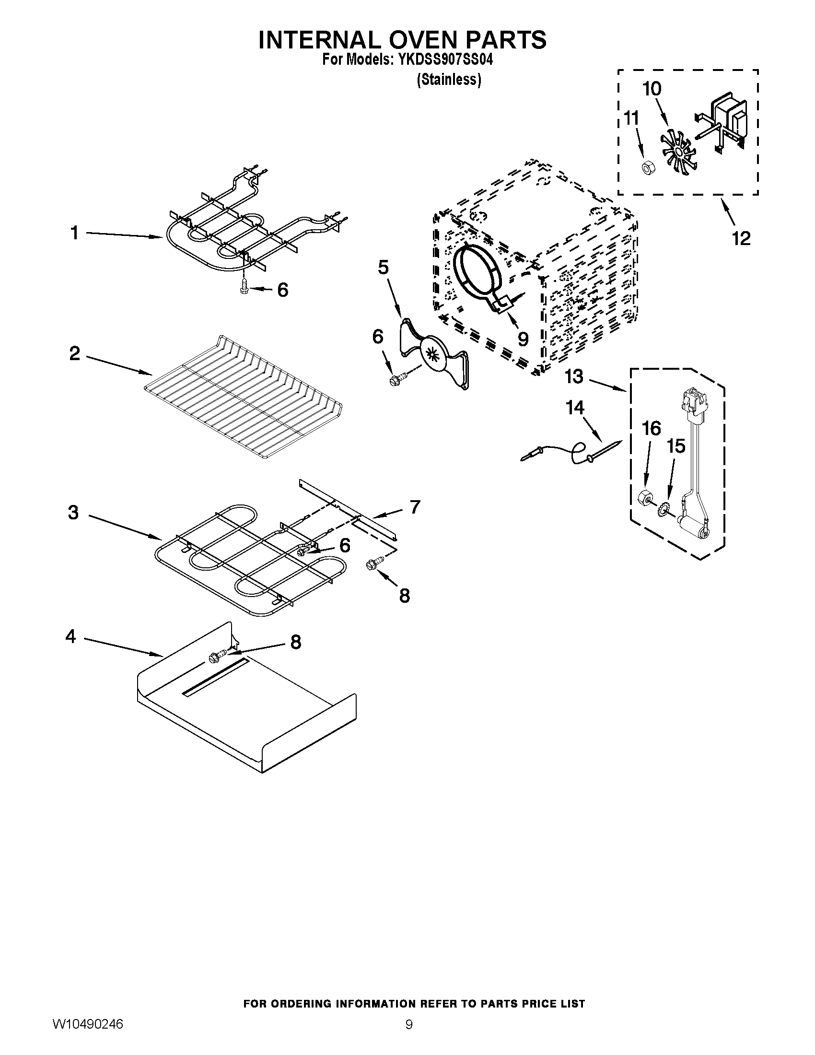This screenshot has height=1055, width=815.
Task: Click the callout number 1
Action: (x=74, y=234)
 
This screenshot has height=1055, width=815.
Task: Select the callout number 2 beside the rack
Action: (x=74, y=354)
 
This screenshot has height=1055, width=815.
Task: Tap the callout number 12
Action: (x=742, y=238)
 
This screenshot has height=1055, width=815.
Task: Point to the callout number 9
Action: (x=523, y=339)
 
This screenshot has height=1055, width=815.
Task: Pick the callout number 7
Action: (x=415, y=507)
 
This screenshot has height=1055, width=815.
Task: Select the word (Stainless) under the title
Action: (x=449, y=80)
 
